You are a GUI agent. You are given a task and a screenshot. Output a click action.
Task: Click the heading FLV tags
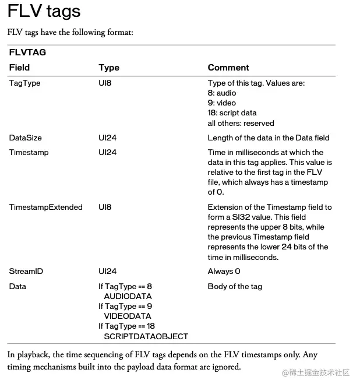(44, 12)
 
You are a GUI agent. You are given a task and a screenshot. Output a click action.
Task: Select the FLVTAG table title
(27, 52)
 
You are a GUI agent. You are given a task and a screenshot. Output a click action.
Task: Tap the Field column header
(19, 68)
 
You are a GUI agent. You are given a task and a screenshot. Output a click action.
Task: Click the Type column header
(109, 68)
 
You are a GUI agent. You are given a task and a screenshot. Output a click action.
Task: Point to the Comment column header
(228, 68)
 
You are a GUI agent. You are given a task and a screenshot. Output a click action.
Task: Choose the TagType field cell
(24, 83)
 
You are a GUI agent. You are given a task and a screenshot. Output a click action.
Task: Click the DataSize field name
(25, 138)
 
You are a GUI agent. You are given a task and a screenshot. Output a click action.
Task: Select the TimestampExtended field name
(45, 207)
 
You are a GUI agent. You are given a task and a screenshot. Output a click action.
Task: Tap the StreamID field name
(26, 272)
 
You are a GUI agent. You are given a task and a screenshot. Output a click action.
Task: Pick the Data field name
(17, 287)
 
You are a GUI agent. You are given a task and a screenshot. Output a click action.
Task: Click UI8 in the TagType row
(105, 83)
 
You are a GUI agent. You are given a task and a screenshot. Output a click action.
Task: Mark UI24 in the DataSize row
(107, 138)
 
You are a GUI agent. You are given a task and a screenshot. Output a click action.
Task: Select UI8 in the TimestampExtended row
(105, 207)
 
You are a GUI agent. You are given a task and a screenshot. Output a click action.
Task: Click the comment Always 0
(224, 272)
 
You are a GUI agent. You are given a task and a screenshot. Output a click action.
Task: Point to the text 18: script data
(232, 113)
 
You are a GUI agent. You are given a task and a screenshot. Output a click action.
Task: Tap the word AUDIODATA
(128, 297)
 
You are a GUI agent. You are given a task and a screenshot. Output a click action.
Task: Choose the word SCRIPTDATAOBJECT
(146, 336)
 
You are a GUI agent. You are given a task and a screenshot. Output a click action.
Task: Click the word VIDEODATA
(127, 316)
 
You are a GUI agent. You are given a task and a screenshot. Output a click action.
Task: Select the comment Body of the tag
(235, 287)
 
